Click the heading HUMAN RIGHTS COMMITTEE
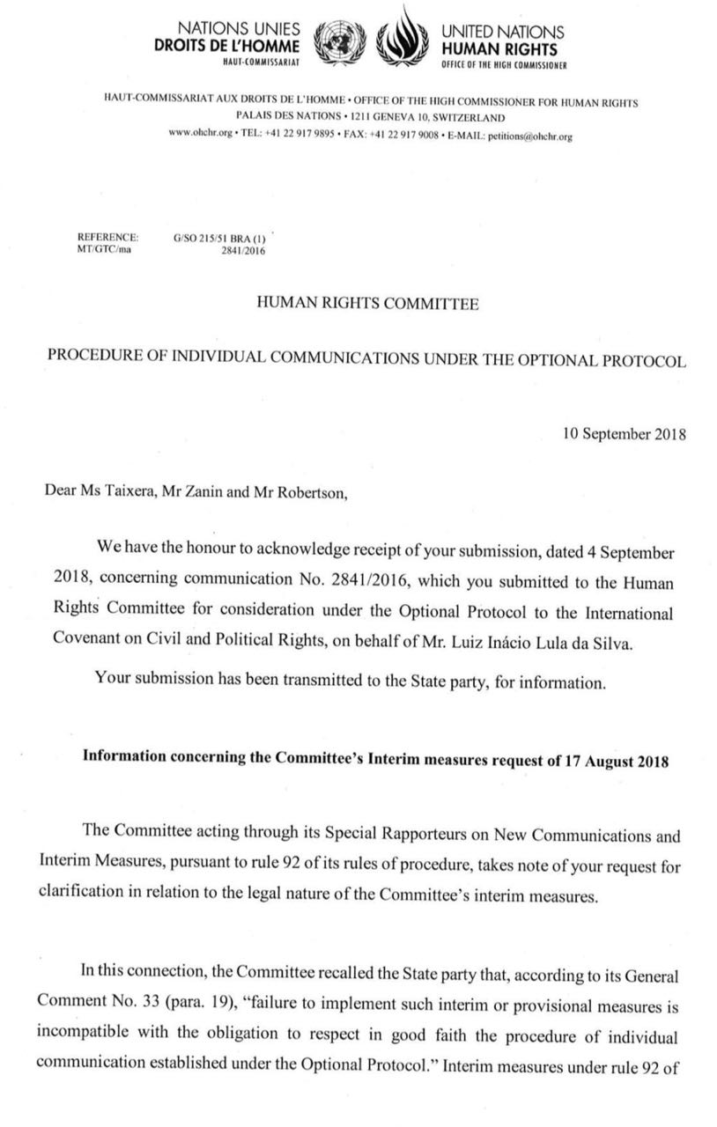coord(366,305)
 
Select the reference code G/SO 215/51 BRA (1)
coord(220,238)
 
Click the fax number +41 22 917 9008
coord(404,136)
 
